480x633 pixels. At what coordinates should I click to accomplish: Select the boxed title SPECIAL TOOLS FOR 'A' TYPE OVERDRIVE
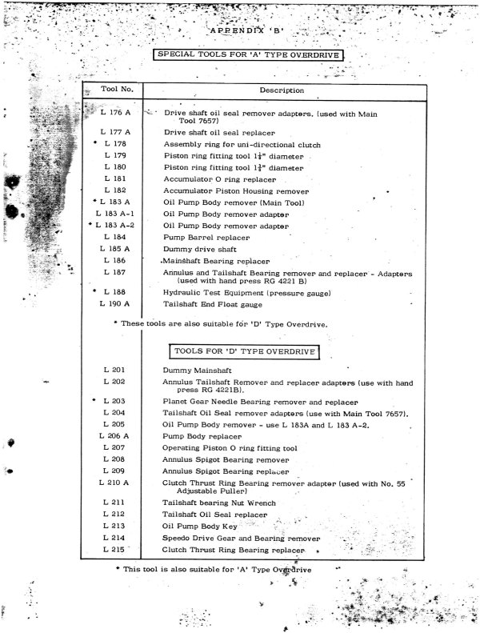point(249,55)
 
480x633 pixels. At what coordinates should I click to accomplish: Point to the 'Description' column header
point(282,90)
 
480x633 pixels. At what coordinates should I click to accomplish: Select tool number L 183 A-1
point(114,214)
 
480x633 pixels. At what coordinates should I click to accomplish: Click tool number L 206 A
point(114,436)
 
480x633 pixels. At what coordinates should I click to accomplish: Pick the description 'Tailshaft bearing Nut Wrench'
point(218,503)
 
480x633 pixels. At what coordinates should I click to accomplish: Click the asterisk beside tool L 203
point(94,400)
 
